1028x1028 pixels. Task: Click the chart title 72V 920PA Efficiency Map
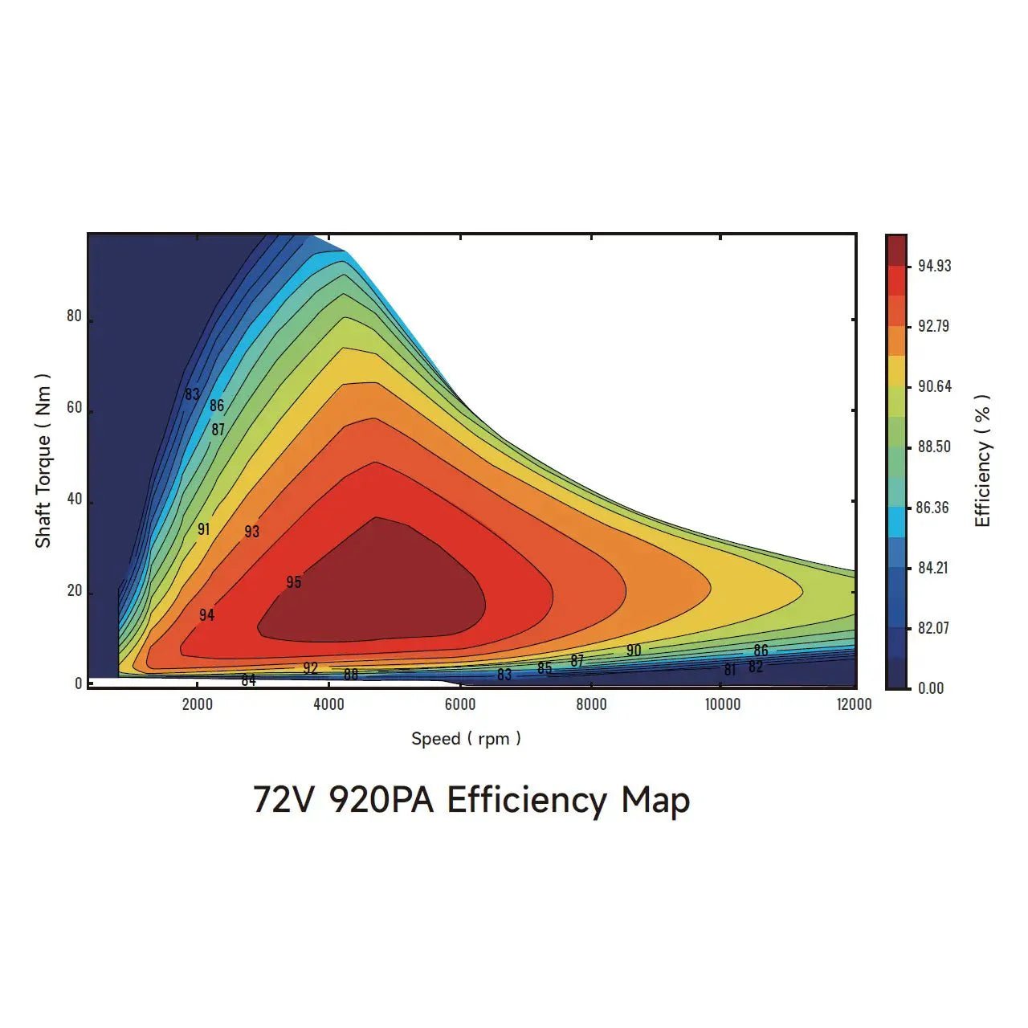click(471, 801)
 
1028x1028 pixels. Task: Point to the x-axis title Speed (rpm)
click(466, 739)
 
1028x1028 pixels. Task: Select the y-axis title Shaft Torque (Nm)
click(43, 461)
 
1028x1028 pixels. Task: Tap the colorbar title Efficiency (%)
click(982, 461)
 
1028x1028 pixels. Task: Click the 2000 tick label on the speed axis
click(198, 704)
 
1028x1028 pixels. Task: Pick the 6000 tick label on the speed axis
click(460, 704)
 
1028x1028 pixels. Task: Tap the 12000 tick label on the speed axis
click(854, 704)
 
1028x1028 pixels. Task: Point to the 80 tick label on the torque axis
click(74, 316)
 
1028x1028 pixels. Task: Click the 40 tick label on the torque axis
click(74, 500)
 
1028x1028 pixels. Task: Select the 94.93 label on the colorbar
click(934, 266)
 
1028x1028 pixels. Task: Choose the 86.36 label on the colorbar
click(932, 508)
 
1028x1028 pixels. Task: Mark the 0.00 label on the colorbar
click(931, 688)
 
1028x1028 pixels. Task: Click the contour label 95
click(294, 582)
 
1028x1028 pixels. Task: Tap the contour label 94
click(206, 615)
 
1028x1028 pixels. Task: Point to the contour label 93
click(252, 532)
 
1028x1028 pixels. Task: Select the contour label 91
click(203, 529)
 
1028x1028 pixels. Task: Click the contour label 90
click(634, 651)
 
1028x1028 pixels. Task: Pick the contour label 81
click(729, 670)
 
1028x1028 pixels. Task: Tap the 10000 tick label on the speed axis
click(723, 704)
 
